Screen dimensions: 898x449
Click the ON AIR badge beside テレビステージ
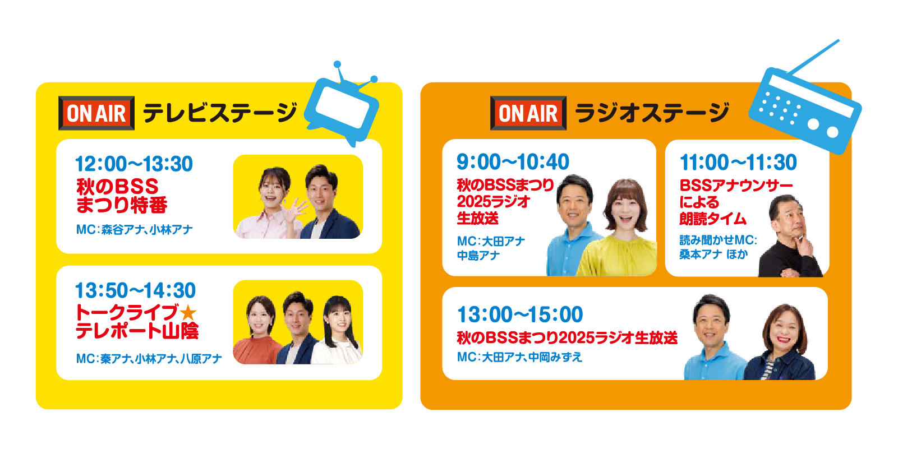(96, 113)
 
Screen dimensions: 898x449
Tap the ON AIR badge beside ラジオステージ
(528, 113)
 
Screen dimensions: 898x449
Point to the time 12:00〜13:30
(134, 164)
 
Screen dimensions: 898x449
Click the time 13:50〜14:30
(136, 290)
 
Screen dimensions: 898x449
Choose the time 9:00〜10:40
(513, 162)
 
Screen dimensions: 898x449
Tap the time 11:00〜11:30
(739, 162)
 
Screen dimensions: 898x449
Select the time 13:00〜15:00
(520, 314)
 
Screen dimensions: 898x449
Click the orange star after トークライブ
(188, 312)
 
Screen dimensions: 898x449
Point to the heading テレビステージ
(220, 113)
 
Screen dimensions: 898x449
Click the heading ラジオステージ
(652, 113)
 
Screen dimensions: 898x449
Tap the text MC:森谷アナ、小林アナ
(134, 229)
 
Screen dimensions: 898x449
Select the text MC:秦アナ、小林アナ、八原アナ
(149, 359)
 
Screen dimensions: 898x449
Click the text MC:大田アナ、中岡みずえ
(519, 357)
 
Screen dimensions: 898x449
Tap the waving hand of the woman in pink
(294, 209)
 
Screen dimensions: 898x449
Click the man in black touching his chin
(790, 237)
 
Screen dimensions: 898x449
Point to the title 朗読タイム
(712, 219)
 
